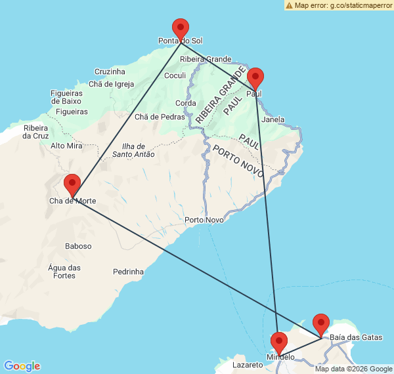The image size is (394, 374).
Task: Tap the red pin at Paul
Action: point(255,77)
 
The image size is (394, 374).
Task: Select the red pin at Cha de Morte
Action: point(72,184)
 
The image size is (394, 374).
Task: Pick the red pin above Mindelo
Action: point(279,343)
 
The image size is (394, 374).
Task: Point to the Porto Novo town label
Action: point(204,220)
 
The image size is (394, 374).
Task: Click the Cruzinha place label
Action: point(110,72)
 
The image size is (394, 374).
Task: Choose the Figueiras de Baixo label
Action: point(66,97)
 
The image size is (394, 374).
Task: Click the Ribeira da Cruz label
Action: point(35,132)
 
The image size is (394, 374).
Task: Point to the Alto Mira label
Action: point(66,146)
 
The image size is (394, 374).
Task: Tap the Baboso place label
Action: point(79,246)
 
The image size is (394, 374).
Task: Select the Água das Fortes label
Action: point(64,272)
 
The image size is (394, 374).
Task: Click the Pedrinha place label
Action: point(128,271)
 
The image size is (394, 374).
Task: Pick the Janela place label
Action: point(273,120)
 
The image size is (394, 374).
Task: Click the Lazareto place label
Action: point(248,364)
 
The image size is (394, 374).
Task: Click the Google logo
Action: point(22,366)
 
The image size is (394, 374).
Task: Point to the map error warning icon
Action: point(289,5)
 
